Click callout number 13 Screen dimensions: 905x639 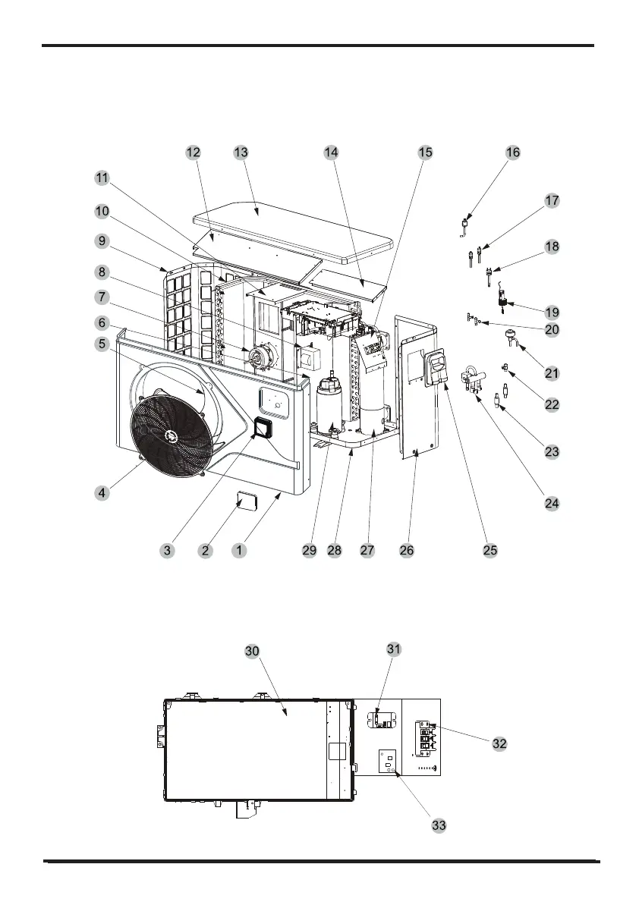(241, 152)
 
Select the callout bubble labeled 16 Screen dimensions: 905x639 (513, 152)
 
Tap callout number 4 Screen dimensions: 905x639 (101, 492)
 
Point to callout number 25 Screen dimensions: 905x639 (490, 551)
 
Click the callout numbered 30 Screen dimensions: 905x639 (252, 651)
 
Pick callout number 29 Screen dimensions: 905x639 (309, 551)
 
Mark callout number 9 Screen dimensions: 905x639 (101, 241)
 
